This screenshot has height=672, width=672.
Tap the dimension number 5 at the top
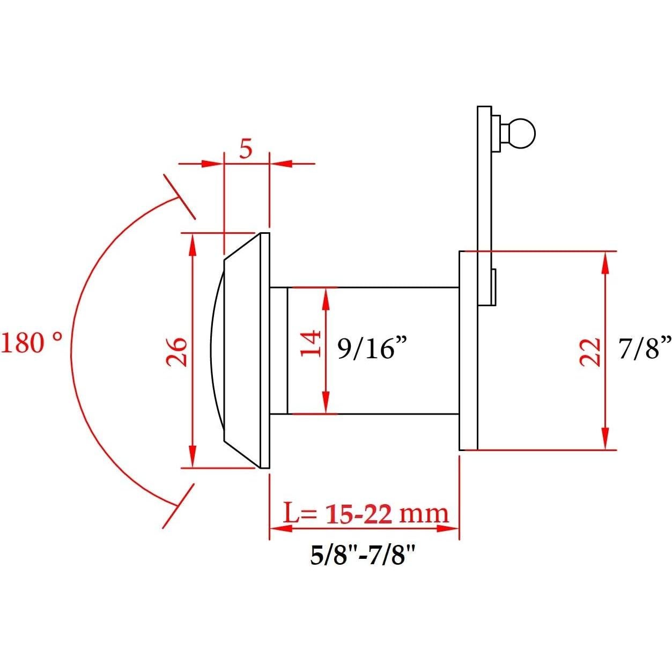coord(246,149)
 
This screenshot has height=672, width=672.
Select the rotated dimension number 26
coord(177,352)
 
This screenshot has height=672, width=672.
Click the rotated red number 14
coord(311,344)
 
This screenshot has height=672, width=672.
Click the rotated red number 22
coord(590,352)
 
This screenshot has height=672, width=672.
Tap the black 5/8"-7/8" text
coord(363,555)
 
